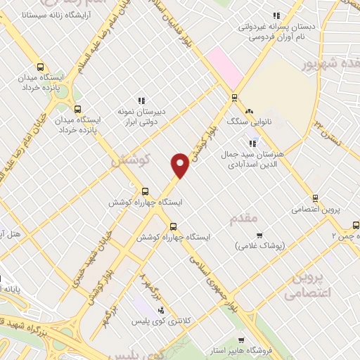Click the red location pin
pyautogui.click(x=181, y=166)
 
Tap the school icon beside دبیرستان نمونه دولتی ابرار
pyautogui.click(x=141, y=101)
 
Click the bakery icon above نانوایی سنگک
pyautogui.click(x=248, y=111)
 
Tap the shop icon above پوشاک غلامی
pyautogui.click(x=259, y=236)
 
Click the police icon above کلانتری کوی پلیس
pyautogui.click(x=161, y=309)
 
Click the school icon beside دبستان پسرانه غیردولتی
pyautogui.click(x=276, y=15)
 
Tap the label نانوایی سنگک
pyautogui.click(x=229, y=121)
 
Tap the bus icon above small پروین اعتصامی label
pyautogui.click(x=315, y=198)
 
